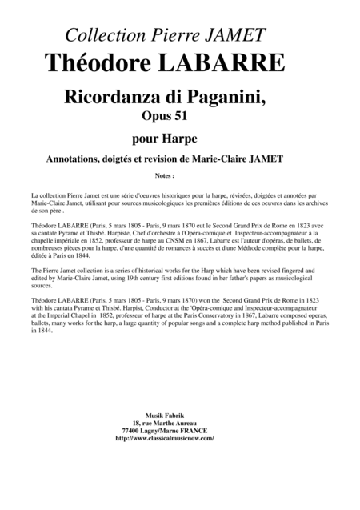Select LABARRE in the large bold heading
point(217,62)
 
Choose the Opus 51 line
point(180,118)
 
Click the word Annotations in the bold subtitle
point(81,159)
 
